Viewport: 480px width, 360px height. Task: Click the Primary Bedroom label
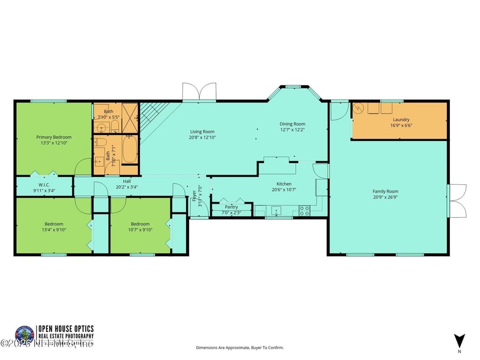(53, 137)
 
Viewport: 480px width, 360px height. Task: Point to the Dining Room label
(292, 124)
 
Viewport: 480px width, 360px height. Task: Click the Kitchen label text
(284, 184)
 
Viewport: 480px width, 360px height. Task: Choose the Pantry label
(231, 207)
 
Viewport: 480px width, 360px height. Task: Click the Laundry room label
(400, 120)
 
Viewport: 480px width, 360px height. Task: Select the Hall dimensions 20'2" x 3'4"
(127, 187)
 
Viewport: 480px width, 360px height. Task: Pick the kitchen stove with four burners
(304, 211)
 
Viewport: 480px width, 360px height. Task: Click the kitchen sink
(275, 211)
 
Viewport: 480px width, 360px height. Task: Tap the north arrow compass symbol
(460, 340)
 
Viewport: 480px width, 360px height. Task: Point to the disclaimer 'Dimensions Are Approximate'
(239, 347)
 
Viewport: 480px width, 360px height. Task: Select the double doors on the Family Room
(457, 201)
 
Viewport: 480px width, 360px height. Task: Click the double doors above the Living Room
(198, 91)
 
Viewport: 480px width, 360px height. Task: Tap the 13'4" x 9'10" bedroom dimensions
(53, 229)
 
